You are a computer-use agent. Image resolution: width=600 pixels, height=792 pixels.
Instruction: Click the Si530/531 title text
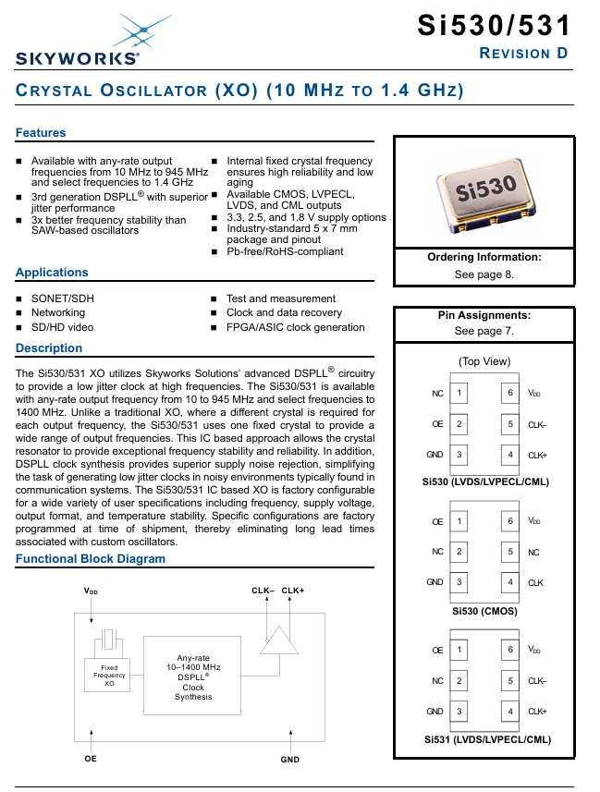(495, 25)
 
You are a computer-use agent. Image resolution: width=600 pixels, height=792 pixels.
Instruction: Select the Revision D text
(523, 53)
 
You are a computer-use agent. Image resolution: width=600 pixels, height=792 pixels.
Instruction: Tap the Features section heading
(41, 133)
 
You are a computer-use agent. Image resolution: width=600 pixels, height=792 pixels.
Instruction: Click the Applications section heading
(52, 273)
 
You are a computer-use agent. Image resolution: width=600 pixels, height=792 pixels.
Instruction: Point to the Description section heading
(49, 348)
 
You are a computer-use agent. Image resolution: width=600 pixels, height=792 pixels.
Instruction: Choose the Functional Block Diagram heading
(91, 559)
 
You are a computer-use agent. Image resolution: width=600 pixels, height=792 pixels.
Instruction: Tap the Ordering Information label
(484, 258)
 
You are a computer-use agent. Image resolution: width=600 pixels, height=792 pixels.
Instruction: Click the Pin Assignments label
(484, 315)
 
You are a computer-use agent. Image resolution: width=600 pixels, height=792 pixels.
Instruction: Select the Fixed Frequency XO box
(109, 675)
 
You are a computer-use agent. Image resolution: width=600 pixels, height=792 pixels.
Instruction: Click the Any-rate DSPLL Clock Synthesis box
(193, 676)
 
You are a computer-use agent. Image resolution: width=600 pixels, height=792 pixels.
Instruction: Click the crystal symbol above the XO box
(110, 640)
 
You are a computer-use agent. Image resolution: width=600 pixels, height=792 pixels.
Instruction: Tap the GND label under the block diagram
(289, 759)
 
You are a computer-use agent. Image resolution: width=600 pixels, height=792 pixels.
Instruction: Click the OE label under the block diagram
(91, 758)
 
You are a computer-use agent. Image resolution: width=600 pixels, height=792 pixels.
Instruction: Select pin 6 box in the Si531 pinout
(509, 650)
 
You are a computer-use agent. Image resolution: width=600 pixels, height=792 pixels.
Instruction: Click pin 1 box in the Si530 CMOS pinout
(459, 521)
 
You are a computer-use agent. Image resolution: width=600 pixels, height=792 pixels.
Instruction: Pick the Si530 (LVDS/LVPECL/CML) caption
(484, 481)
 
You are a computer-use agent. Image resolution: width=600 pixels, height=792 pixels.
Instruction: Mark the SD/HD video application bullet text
(62, 327)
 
